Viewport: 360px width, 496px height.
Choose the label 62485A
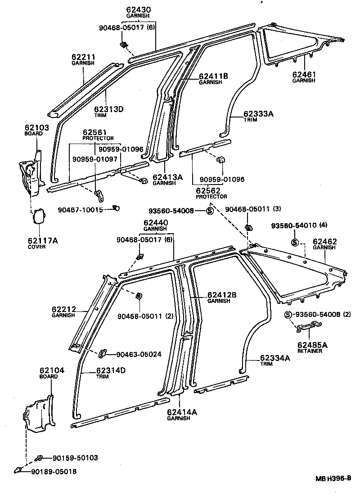[x=312, y=345]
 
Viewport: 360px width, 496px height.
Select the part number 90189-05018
[x=54, y=471]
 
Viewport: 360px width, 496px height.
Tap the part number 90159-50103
[x=75, y=458]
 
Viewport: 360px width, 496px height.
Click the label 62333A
[x=259, y=114]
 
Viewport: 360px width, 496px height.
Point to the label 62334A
[x=274, y=358]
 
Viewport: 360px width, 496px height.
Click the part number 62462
[x=324, y=241]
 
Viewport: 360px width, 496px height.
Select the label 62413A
[x=167, y=177]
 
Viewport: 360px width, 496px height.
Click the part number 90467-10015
[x=81, y=210]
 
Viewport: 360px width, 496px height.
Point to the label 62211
[x=83, y=57]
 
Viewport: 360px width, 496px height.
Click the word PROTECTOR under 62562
[x=211, y=196]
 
